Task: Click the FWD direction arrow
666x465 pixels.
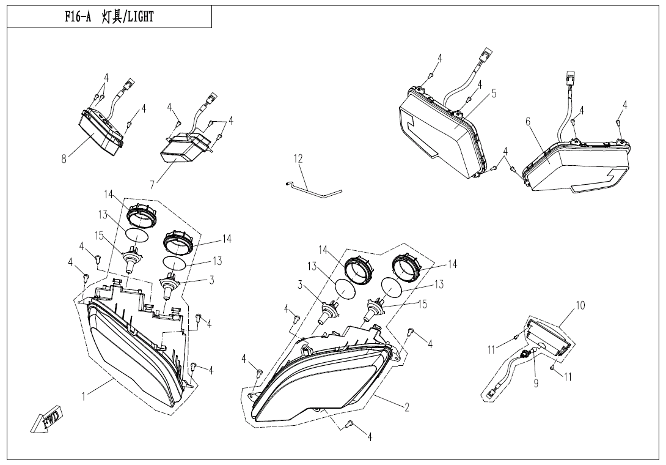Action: tap(47, 420)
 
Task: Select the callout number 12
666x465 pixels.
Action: tap(298, 158)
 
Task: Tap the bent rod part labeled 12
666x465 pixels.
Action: tap(313, 189)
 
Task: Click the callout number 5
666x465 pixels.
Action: tap(494, 93)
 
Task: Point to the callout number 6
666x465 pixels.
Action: tap(528, 122)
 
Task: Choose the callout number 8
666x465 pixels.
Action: tap(64, 159)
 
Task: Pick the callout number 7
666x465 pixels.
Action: tap(152, 185)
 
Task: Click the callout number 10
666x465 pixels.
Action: tap(580, 305)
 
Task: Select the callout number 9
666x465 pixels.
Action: tap(536, 383)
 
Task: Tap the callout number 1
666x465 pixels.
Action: tap(84, 396)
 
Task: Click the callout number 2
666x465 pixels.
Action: tap(407, 407)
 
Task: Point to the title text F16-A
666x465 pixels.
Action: tap(78, 17)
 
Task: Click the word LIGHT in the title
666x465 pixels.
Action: tap(140, 17)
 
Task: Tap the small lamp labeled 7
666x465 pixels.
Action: tap(186, 147)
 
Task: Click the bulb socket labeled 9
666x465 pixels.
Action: tap(526, 352)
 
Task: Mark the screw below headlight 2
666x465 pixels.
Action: tap(349, 424)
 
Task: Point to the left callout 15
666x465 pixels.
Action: tap(99, 236)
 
